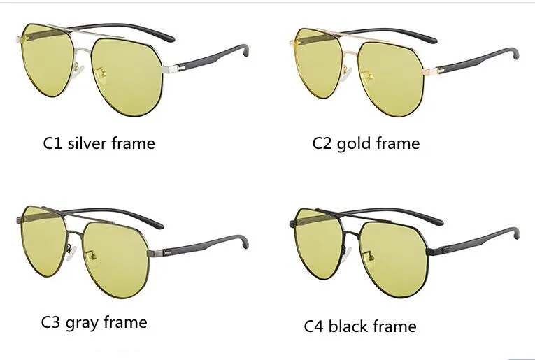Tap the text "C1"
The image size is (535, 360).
pyautogui.click(x=52, y=143)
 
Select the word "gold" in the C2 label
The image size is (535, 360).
pyautogui.click(x=355, y=143)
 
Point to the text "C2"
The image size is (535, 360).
pyautogui.click(x=322, y=143)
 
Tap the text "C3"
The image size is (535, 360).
pyautogui.click(x=51, y=322)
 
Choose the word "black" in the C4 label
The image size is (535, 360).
pyautogui.click(x=354, y=326)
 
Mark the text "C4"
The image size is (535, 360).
pyautogui.click(x=315, y=326)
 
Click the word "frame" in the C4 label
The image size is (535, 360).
pyautogui.click(x=395, y=326)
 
